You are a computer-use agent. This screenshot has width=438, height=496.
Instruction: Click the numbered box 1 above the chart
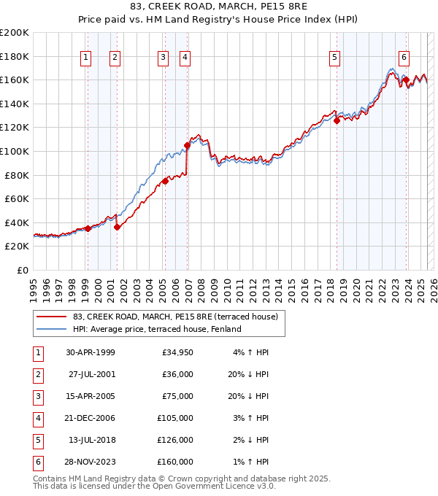coord(87,58)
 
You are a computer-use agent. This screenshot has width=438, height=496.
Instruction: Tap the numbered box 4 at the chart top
coord(185,58)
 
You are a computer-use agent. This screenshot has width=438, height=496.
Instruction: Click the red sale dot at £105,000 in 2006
coord(187,145)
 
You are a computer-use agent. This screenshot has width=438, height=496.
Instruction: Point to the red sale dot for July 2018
coord(337,120)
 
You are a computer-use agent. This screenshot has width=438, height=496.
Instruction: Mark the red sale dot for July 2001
coord(117,227)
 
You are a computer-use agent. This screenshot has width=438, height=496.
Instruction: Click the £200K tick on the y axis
coord(15,33)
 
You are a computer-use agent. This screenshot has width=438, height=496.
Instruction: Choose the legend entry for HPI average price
coord(156,329)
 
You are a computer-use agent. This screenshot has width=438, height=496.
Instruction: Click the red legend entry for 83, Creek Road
coord(175,317)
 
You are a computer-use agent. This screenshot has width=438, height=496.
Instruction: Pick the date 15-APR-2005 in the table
coord(91,396)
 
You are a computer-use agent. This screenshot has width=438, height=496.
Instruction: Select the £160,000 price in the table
coord(175,462)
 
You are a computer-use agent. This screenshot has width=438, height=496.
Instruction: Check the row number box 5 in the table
coord(36,440)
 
